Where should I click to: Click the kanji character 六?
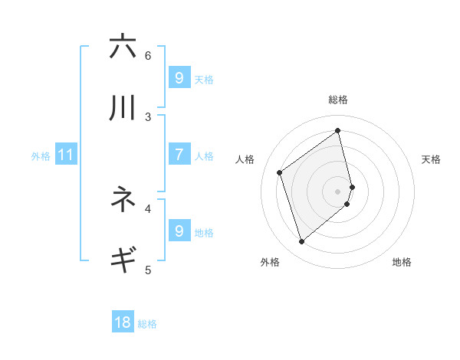123,47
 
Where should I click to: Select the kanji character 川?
123,108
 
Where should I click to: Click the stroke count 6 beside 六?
148,55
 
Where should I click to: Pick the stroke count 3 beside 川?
148,116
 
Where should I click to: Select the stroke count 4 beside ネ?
148,208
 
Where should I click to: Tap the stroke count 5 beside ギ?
148,269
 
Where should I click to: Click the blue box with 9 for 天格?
179,77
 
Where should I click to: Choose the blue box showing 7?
179,154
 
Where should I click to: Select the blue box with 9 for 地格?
179,230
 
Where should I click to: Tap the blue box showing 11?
66,155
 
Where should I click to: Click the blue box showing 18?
123,322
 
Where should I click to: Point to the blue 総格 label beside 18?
147,324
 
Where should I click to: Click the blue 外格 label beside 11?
41,155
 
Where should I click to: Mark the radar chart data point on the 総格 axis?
338,130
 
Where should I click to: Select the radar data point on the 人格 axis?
280,173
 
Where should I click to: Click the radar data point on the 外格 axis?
301,242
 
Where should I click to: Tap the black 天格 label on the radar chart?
431,159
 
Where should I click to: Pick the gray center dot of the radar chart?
338,191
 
